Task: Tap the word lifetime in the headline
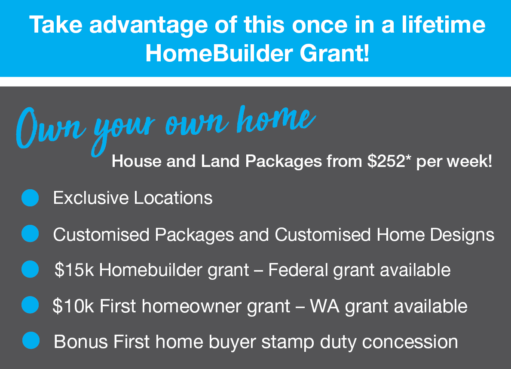[443, 25]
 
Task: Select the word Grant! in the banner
[334, 53]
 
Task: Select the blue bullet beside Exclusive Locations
[31, 198]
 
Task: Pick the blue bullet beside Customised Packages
[31, 234]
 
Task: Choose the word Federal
[298, 270]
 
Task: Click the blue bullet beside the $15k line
[31, 269]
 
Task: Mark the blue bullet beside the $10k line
[31, 305]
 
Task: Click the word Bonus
[81, 342]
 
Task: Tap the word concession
[410, 342]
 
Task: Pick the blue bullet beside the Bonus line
[31, 340]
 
